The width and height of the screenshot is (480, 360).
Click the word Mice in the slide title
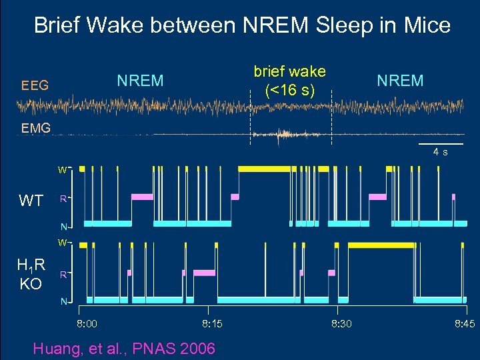point(423,26)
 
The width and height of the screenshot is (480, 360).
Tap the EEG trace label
point(34,85)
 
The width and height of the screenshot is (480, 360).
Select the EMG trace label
point(35,128)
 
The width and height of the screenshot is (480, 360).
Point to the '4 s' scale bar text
point(440,152)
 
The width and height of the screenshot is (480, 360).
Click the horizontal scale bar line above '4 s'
point(440,144)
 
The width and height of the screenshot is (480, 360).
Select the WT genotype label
point(31,200)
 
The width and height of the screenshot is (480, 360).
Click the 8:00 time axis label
point(87,324)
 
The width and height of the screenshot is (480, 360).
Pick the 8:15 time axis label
point(212,324)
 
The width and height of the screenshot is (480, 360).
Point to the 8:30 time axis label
point(341,324)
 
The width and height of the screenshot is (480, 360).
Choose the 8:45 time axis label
point(465,324)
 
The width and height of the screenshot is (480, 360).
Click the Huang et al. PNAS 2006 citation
point(124,347)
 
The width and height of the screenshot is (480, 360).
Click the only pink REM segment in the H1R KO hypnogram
point(205,273)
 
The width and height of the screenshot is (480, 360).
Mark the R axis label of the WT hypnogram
point(62,198)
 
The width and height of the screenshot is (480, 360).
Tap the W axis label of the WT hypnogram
point(61,170)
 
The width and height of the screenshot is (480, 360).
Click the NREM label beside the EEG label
point(140,81)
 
